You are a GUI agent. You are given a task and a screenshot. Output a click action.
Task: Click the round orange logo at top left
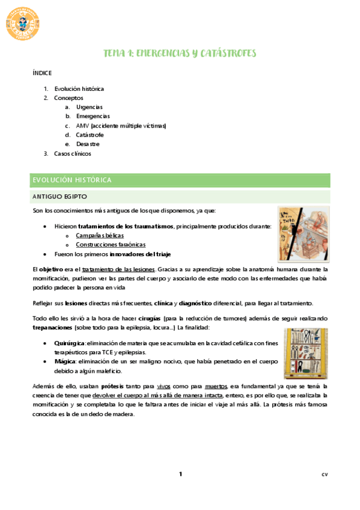23,23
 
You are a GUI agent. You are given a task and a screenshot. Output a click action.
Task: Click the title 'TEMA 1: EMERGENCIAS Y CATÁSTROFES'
180,54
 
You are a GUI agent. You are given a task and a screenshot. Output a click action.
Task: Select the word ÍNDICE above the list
41,73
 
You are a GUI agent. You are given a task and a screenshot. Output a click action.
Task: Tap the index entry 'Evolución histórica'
79,88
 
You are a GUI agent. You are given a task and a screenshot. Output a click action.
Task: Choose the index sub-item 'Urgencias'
89,107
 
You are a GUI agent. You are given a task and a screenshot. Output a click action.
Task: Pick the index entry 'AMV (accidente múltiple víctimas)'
121,126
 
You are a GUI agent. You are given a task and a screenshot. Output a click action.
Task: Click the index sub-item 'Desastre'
88,144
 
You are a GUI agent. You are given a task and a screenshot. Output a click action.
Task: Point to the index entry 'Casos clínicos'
72,153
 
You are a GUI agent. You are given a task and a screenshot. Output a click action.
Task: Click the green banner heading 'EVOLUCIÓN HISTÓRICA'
72,180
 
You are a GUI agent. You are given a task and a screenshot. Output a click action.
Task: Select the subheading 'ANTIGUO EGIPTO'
60,197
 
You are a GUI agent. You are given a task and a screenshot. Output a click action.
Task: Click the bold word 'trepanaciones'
52,327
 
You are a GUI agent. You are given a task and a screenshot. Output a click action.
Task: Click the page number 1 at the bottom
180,475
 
